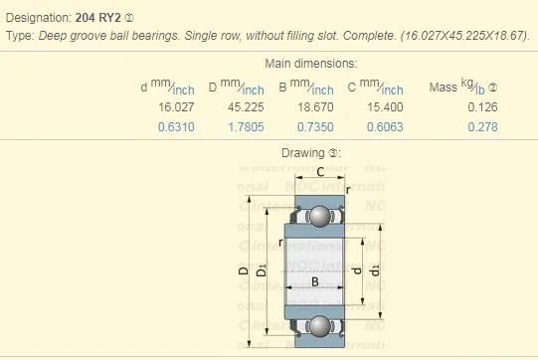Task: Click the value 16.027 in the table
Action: [174, 107]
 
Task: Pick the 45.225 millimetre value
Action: [245, 107]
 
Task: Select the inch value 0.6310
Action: [176, 126]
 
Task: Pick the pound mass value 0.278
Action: [482, 126]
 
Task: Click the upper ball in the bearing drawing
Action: [318, 216]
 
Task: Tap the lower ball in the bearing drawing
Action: [318, 324]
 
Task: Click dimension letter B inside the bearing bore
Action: [316, 282]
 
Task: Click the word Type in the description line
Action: [19, 35]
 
